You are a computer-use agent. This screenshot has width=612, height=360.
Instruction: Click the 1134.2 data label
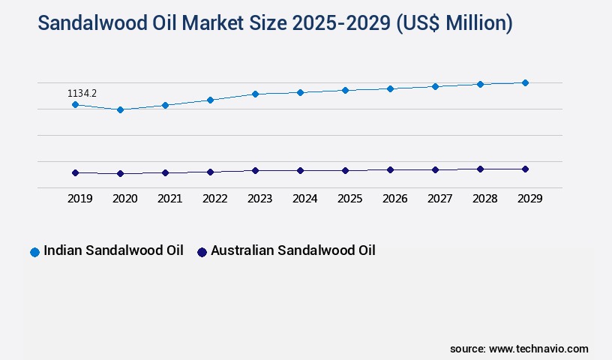point(82,94)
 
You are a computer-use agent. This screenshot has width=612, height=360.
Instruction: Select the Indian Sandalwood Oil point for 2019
point(75,105)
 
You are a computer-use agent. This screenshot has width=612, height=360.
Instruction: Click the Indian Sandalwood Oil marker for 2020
point(120,109)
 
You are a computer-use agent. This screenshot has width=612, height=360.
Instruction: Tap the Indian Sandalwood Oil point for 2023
point(255,94)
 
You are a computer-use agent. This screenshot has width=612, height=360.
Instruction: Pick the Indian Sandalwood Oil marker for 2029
point(525,82)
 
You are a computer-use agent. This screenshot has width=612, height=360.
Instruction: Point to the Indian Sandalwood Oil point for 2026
point(390,88)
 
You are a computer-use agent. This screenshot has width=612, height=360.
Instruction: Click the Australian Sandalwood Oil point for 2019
point(75,172)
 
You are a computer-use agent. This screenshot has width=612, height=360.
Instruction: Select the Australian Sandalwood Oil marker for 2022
point(210,172)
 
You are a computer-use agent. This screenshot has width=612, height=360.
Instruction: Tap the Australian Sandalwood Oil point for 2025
point(345,170)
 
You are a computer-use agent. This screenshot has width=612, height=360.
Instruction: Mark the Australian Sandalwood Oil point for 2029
point(525,169)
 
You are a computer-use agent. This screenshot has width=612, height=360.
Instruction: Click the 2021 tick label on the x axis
point(169,199)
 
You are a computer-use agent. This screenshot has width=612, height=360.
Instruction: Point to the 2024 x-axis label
point(304,199)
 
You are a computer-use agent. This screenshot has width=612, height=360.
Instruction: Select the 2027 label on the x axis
point(439,199)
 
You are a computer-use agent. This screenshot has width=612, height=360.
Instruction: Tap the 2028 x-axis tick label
point(484,199)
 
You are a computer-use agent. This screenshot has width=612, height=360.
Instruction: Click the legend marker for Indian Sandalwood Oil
point(34,252)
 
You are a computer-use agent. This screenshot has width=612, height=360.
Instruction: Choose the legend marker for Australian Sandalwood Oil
point(202,252)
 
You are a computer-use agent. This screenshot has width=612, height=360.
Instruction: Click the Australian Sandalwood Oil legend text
point(292,250)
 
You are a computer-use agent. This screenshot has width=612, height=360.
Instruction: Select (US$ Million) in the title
point(453,23)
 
